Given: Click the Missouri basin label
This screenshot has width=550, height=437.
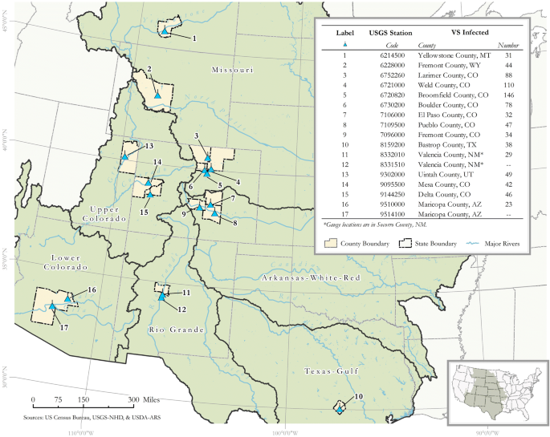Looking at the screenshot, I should [232, 71].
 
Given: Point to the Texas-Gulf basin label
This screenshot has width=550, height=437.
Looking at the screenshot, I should [328, 371].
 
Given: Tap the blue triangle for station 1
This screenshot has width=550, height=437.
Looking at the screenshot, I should [165, 31].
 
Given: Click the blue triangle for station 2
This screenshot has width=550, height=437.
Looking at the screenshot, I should [158, 95].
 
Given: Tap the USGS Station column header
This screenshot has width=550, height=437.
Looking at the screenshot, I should [390, 32].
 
